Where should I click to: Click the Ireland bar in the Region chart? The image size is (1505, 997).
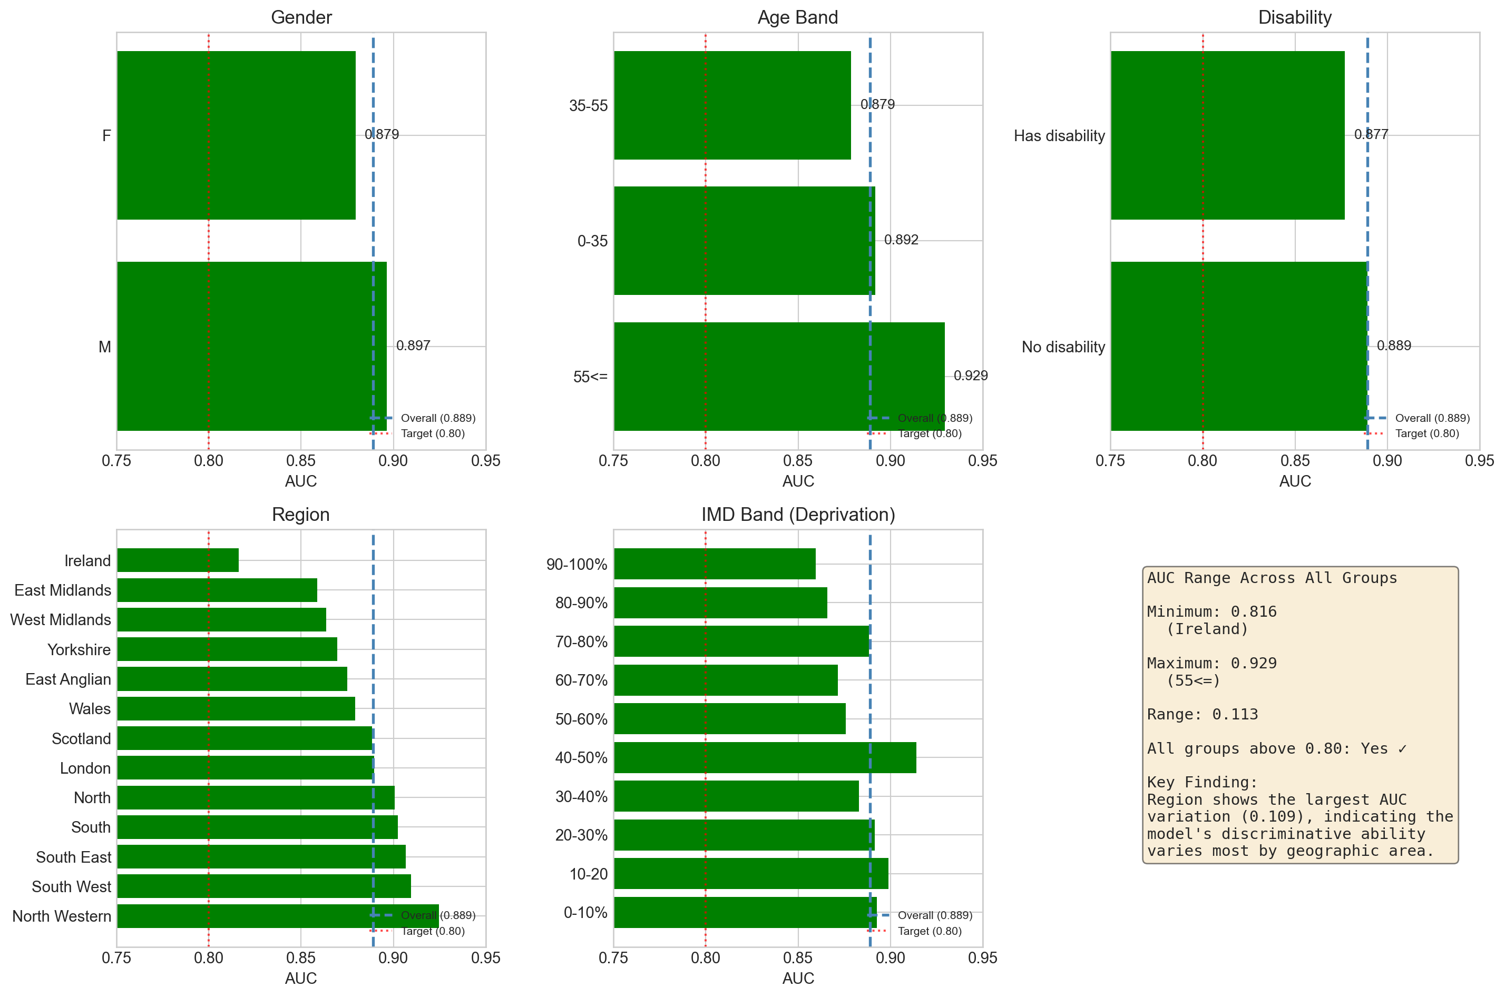coord(178,560)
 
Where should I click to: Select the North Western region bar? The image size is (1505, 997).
coord(277,915)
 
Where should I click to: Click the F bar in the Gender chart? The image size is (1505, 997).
coord(236,135)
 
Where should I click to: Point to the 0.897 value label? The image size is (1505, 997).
coord(413,346)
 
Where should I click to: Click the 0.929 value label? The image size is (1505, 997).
coord(970,376)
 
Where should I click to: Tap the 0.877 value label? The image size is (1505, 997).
coord(1371,134)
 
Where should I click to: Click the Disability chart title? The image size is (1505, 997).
coord(1294,17)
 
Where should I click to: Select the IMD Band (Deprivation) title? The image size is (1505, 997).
coord(798,515)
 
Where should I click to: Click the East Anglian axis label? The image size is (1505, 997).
coord(68,679)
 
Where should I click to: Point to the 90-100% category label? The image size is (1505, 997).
coord(576,564)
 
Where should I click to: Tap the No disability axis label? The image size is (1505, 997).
coord(1063,347)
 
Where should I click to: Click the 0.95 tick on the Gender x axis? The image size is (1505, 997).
coord(485,461)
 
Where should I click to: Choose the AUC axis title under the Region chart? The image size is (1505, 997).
coord(301,978)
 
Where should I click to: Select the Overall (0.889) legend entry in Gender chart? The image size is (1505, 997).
coord(437,418)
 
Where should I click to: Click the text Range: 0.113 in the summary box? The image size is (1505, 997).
coord(1202,714)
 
